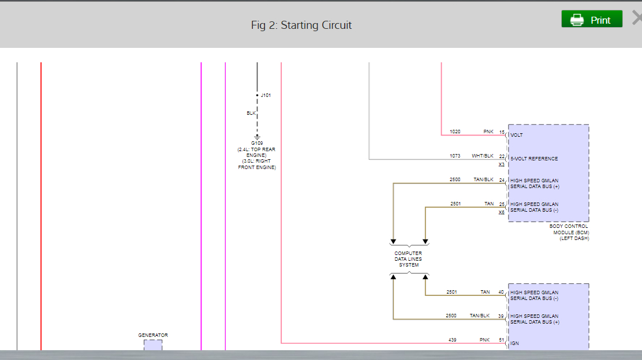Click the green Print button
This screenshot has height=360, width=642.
coord(592,19)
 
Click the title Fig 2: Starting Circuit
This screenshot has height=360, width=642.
coord(301,25)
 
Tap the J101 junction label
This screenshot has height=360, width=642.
coord(266,95)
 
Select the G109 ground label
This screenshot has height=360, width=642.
coord(257,142)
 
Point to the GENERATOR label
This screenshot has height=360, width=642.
coord(153,335)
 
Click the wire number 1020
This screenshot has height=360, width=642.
coord(455,132)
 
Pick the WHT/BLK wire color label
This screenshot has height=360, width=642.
coord(483,156)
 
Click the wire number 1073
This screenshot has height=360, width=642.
coord(455,156)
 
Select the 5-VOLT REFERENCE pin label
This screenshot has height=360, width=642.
coord(534,159)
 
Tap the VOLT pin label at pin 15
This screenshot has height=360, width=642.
coord(517,135)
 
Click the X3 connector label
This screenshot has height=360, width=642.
coord(502,164)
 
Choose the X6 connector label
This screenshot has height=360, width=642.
coord(502,212)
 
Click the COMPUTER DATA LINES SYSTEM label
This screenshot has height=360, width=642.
coord(408,259)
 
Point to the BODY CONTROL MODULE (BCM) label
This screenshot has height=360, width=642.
coord(569,232)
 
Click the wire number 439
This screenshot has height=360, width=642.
coord(452,340)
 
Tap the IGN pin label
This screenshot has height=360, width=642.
coord(515,343)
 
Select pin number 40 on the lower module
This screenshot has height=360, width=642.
coord(501,292)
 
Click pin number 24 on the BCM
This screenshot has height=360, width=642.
coord(502,180)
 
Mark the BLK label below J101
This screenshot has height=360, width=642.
coord(251,113)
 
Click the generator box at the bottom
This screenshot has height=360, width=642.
coord(153,344)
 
